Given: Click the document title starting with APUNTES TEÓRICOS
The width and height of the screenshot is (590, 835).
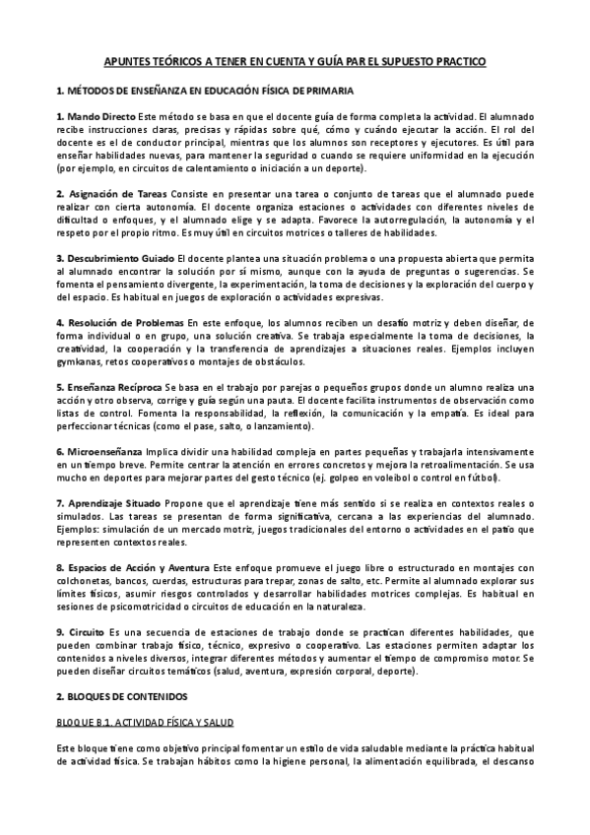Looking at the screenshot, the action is point(295,61).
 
